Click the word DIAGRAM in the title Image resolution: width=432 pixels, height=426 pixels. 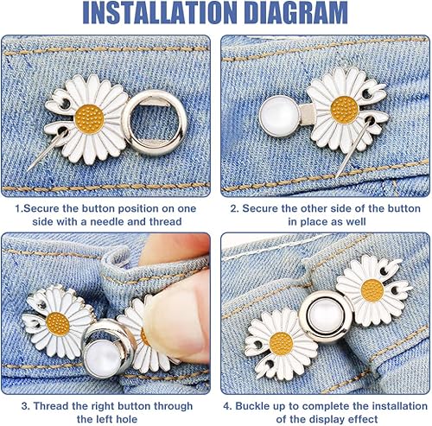[x=296, y=13]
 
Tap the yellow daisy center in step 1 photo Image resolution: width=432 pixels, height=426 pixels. [x=89, y=119]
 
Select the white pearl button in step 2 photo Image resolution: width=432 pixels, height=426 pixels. [x=279, y=116]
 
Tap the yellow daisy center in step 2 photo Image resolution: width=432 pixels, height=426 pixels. [x=345, y=110]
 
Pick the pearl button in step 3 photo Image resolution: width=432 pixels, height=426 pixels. [x=102, y=357]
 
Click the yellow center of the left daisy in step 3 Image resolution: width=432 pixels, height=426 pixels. [x=58, y=324]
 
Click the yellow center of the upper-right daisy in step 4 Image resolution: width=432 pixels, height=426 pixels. [x=372, y=290]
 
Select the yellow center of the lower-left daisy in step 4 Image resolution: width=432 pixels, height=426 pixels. [x=281, y=344]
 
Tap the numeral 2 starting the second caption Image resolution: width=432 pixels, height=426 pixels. [x=233, y=208]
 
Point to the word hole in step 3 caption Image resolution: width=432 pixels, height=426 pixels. [x=126, y=419]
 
